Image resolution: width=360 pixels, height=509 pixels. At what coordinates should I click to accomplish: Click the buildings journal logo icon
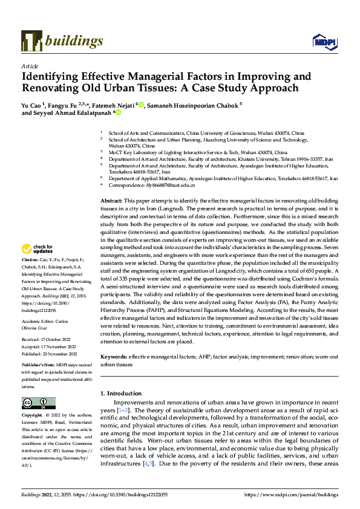coord(31,41)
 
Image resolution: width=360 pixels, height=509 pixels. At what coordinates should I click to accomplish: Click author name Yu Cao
coord(34,105)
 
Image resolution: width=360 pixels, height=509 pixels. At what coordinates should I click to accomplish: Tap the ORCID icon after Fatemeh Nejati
coord(141,105)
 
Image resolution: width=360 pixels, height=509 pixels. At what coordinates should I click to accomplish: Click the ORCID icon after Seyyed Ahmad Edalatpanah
coord(119,112)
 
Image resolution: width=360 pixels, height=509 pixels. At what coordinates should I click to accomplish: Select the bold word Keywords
coord(114,357)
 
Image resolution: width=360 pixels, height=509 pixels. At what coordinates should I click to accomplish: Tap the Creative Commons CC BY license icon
coord(39,403)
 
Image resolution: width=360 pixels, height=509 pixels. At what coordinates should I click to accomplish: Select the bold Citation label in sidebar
coord(31,275)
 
